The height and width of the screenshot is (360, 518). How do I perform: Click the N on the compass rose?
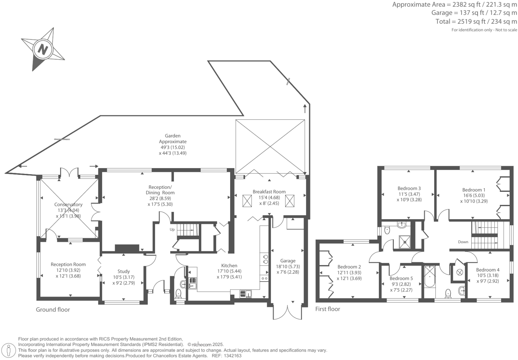pyautogui.click(x=42, y=49)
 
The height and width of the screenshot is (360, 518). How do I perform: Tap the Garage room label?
pyautogui.click(x=288, y=261)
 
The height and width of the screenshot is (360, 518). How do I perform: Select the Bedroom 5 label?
pyautogui.click(x=401, y=278)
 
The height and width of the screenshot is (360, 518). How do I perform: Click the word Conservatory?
pyautogui.click(x=68, y=205)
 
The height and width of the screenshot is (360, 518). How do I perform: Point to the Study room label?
pyautogui.click(x=123, y=271)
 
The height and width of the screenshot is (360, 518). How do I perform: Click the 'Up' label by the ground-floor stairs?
pyautogui.click(x=172, y=230)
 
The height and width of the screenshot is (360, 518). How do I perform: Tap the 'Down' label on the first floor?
pyautogui.click(x=463, y=242)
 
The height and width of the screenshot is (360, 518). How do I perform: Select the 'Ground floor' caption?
pyautogui.click(x=53, y=310)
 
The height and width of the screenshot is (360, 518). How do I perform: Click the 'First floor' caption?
pyautogui.click(x=328, y=309)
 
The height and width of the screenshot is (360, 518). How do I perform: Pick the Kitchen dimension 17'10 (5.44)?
pyautogui.click(x=229, y=271)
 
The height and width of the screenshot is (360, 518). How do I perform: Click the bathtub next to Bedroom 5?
pyautogui.click(x=429, y=277)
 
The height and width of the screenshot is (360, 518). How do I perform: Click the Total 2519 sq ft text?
pyautogui.click(x=476, y=22)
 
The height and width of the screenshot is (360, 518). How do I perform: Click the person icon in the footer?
pyautogui.click(x=9, y=350)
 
